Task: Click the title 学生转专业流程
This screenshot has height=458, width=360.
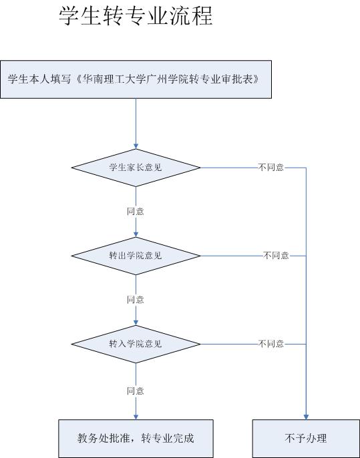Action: coord(136,16)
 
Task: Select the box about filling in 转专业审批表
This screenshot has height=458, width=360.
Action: coord(136,79)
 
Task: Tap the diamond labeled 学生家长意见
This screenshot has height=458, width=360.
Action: coord(136,168)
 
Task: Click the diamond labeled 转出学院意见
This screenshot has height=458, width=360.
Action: coord(136,256)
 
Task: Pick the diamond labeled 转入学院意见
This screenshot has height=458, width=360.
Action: coord(136,344)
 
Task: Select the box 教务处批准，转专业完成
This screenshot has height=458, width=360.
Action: coord(136,439)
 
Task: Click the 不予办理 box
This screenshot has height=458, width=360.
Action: coord(306,439)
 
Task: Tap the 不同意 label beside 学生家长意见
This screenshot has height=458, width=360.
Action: coord(271,168)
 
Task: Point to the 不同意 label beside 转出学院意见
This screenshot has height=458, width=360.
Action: coord(276,256)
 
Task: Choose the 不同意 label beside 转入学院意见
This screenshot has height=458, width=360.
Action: coord(271,344)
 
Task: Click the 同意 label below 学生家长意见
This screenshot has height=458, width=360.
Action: coord(136,211)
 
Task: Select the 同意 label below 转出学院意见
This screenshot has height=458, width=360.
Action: coord(136,299)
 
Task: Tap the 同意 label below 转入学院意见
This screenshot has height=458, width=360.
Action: coord(136,391)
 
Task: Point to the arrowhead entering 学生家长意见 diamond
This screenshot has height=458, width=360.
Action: coord(136,146)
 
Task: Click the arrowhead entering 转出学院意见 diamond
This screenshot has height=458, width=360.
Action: coord(136,234)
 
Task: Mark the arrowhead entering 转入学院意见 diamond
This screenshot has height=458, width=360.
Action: coord(136,322)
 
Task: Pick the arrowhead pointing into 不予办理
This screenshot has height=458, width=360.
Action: coord(306,417)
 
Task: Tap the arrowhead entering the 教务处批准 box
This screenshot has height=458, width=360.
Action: coord(136,417)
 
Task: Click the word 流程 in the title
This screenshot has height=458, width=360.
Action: coord(192,16)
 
